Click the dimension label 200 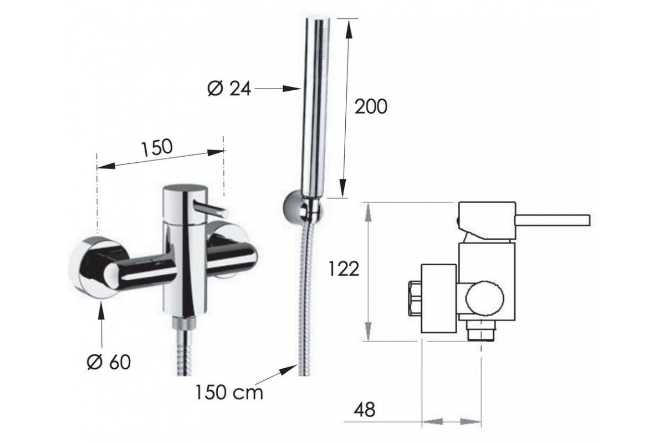click(x=371, y=106)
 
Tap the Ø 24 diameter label click(x=229, y=89)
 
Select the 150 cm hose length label click(x=229, y=393)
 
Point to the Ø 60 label click(x=109, y=362)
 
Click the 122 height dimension click(x=344, y=270)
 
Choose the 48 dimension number click(x=365, y=410)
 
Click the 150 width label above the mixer click(x=157, y=147)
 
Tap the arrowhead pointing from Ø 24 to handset click(x=292, y=89)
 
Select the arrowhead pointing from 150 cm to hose click(x=288, y=370)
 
